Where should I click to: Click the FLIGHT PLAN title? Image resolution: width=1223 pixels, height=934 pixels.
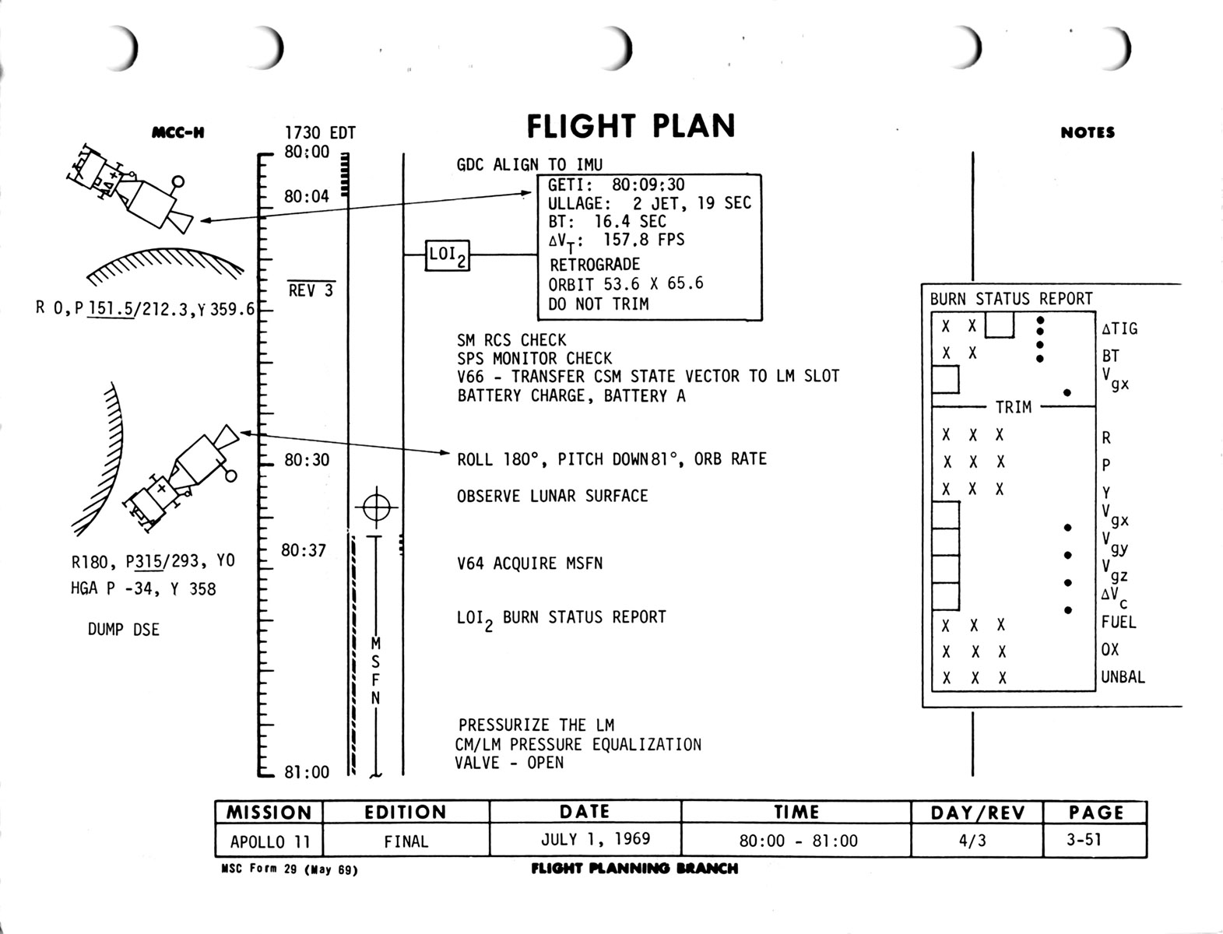631,126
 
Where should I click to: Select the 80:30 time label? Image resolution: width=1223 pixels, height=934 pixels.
307,460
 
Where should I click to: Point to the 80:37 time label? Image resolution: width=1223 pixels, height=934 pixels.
304,550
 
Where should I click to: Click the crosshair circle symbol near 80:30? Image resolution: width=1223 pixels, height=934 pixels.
376,508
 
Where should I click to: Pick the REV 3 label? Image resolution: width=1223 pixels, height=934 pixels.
311,291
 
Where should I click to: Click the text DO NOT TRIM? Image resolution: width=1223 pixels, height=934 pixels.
598,304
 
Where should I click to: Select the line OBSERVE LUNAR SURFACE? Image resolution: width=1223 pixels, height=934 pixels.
552,496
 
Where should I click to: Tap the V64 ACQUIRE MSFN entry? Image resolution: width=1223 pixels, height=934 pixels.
529,563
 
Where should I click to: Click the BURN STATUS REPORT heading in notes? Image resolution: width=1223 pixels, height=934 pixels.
1010,299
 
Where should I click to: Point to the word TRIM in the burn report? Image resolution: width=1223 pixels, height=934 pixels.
1013,407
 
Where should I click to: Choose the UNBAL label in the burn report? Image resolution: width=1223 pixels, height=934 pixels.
1123,677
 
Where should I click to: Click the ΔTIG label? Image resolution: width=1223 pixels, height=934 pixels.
1119,328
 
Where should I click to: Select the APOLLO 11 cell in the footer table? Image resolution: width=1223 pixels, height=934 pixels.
269,841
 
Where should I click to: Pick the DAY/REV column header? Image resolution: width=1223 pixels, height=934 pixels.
977,813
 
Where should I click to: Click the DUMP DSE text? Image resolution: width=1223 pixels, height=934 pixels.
123,630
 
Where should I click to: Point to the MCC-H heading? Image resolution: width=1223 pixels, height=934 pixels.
178,132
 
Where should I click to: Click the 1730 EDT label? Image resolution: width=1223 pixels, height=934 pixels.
319,133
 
